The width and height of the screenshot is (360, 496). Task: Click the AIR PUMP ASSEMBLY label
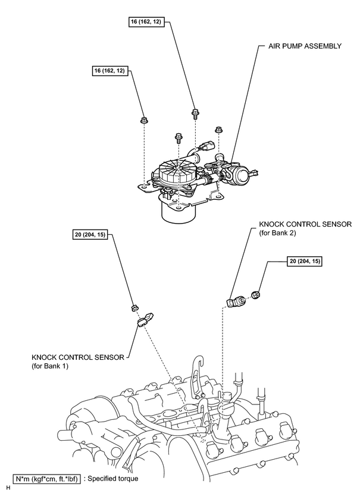point(305,46)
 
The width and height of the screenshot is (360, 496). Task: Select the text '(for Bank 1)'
point(50,366)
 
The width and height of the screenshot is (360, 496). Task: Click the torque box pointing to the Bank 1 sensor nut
point(90,235)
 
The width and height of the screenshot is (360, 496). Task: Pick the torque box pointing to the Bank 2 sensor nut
point(305,261)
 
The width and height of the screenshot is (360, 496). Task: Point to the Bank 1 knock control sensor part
point(145,319)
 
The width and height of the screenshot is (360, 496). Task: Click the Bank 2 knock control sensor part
point(236,301)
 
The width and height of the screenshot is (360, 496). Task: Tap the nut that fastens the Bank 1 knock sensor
point(134,307)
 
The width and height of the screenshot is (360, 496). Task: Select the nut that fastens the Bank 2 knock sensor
point(255,295)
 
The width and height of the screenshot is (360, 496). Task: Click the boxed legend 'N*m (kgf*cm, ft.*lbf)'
point(46,479)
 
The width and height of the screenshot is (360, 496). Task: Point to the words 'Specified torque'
point(112,478)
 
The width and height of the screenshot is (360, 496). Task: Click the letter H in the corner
point(8,488)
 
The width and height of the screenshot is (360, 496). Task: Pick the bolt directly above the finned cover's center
point(179,137)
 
